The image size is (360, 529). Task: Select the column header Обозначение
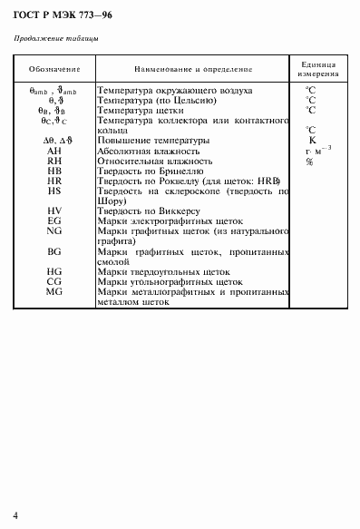[x=54, y=69]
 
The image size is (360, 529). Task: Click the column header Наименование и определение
[x=192, y=69]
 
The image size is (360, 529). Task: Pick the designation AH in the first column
[x=54, y=151]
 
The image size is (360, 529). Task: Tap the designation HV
[x=54, y=211]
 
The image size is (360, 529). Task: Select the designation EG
[x=54, y=220]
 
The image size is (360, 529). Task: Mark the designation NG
[x=54, y=230]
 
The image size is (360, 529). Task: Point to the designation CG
[x=54, y=281]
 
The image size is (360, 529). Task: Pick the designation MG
[x=54, y=291]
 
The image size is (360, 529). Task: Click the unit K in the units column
[x=311, y=141]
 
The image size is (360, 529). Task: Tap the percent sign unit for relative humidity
[x=309, y=162]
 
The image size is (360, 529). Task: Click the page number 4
[x=16, y=514]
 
